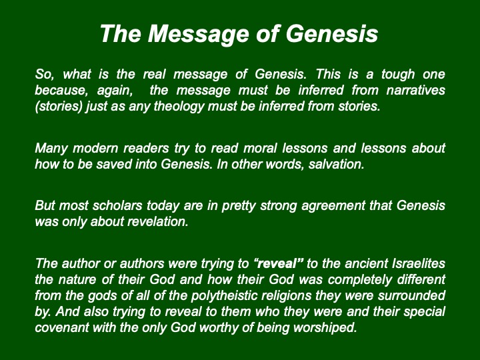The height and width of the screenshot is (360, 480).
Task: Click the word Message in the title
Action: tap(199, 34)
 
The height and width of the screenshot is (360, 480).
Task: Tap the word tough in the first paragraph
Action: tap(398, 75)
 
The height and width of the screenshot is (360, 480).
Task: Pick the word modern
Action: tap(95, 149)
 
